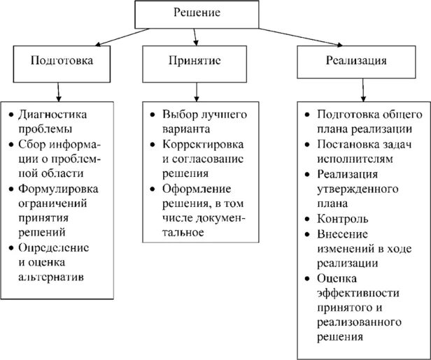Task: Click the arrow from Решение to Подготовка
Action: tap(105, 37)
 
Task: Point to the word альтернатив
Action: tap(54, 277)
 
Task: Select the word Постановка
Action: tap(348, 145)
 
